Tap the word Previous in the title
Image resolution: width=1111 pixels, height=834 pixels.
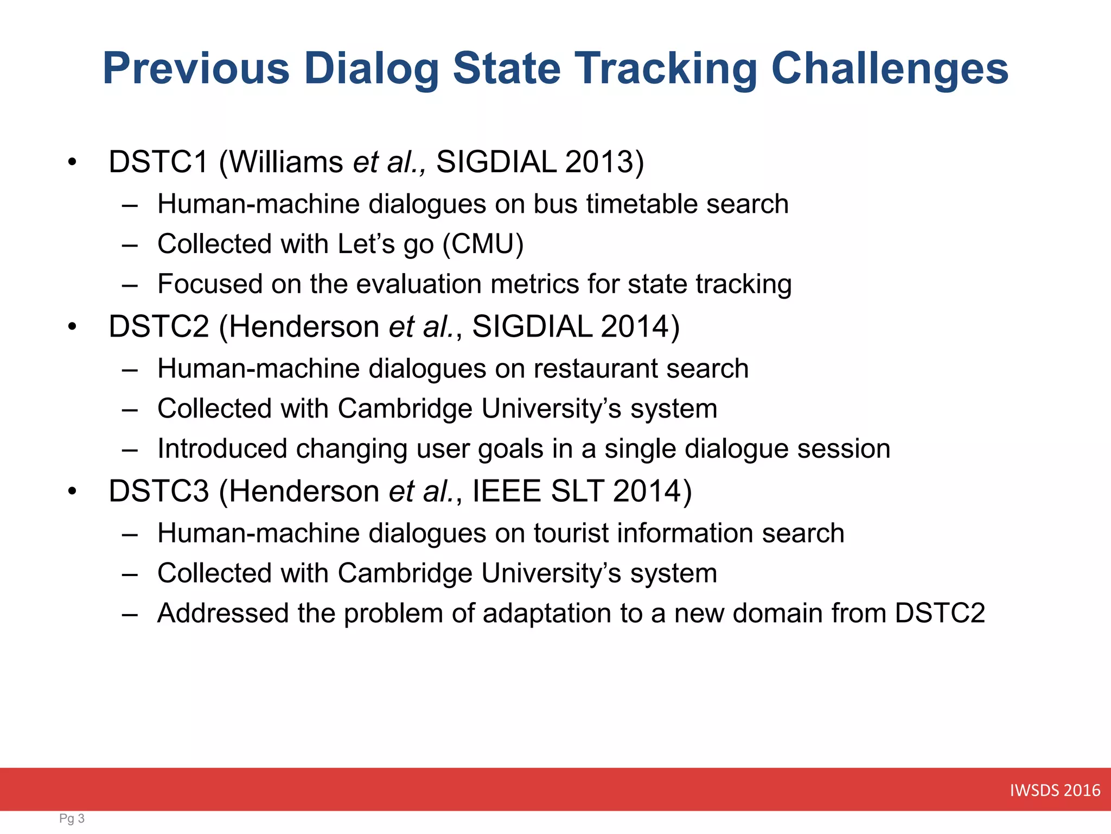tap(196, 68)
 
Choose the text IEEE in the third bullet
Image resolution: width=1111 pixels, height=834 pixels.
tap(506, 491)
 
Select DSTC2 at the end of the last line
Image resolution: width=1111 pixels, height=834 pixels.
tap(940, 614)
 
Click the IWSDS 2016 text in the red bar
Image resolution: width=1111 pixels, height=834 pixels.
tap(1055, 790)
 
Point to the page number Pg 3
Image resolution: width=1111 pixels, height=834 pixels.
tap(72, 818)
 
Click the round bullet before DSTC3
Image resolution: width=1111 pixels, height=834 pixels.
tap(72, 491)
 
